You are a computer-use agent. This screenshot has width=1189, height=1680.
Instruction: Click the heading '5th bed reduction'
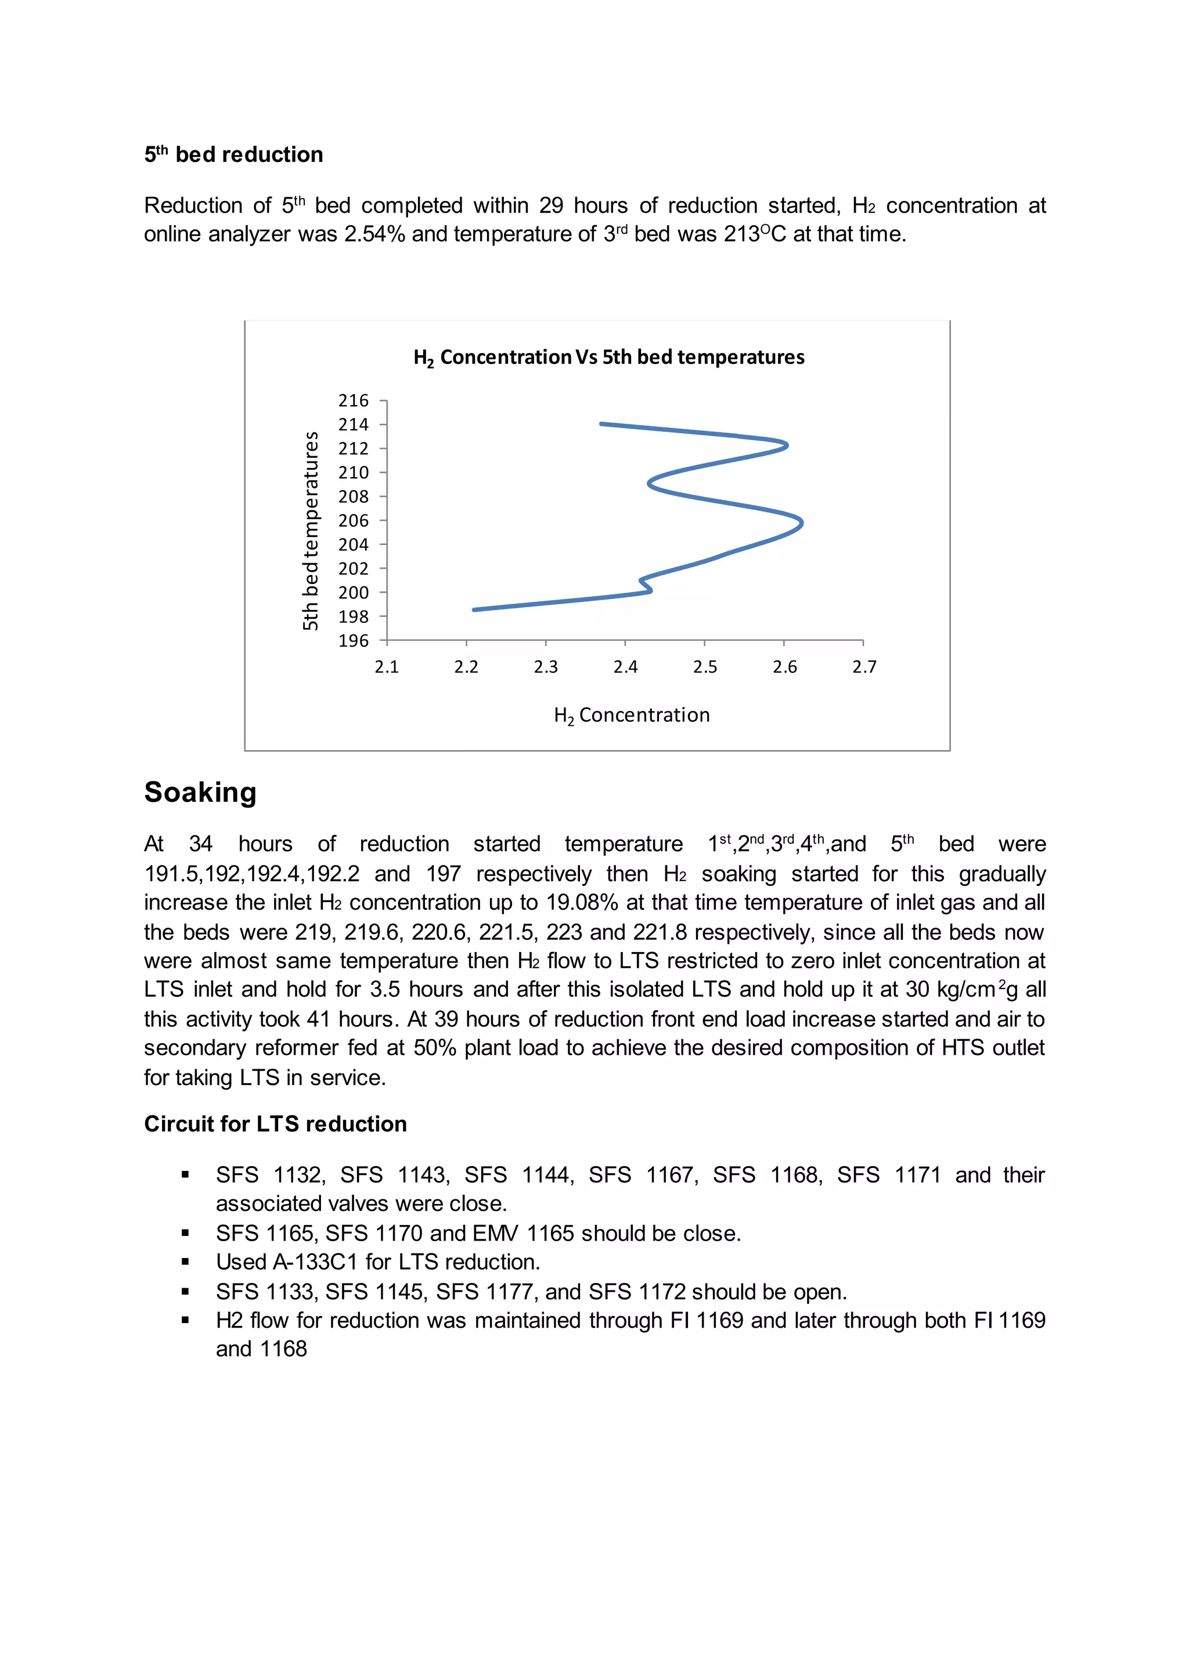[x=233, y=155]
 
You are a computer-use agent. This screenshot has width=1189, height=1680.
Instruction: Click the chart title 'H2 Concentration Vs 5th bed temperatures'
[x=608, y=357]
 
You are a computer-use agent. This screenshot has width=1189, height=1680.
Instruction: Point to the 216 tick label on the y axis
[x=353, y=401]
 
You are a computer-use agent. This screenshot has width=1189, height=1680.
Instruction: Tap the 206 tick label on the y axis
[x=353, y=521]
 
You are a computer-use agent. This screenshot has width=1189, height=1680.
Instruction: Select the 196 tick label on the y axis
[x=353, y=640]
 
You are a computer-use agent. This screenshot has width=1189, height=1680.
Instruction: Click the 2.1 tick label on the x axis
[x=387, y=667]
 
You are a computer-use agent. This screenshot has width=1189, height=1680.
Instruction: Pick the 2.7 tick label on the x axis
[x=864, y=667]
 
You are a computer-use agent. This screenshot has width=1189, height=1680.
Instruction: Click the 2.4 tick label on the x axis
[x=625, y=667]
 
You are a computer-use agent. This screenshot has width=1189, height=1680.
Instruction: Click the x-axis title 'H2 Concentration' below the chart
[x=631, y=715]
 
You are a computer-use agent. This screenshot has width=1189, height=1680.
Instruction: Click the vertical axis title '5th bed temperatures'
[x=311, y=530]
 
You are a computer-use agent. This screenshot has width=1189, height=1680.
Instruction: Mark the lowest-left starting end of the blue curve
[x=474, y=609]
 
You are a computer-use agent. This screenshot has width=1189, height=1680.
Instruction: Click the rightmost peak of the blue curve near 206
[x=802, y=522]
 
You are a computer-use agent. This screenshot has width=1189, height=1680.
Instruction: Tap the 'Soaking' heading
[x=200, y=792]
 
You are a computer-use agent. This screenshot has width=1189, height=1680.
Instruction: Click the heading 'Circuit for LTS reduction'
[x=275, y=1124]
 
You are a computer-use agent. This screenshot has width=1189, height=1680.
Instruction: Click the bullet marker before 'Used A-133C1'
[x=185, y=1262]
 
